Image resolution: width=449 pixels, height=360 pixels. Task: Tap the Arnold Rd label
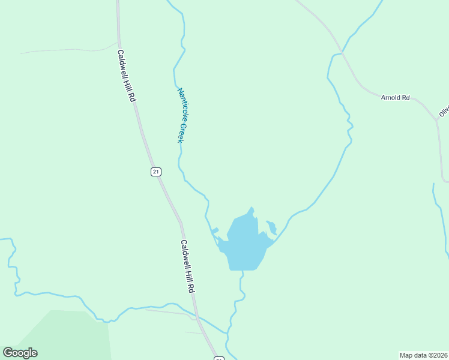click(395, 97)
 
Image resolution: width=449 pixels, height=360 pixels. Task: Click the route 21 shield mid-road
click(156, 172)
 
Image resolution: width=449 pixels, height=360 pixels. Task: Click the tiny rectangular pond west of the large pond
click(215, 230)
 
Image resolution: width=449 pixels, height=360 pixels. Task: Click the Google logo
click(20, 353)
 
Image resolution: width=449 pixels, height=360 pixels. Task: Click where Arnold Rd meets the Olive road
click(437, 121)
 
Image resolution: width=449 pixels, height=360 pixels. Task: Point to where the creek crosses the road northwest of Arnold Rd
click(342, 53)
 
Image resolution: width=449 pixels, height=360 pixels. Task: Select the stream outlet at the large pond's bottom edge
click(243, 270)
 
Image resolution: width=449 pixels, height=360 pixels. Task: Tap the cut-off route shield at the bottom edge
click(219, 358)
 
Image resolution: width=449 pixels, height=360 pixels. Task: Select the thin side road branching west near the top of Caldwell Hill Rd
click(66, 50)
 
